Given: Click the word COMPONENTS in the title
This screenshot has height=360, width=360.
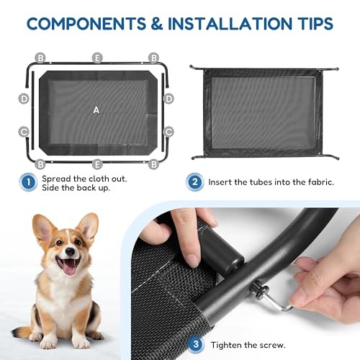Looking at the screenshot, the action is click(x=86, y=24).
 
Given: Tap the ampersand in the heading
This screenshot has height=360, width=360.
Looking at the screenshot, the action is click(x=157, y=24).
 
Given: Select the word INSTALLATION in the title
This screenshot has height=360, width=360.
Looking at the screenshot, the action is click(x=230, y=24).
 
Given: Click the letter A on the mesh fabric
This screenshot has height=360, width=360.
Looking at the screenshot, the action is click(x=96, y=110).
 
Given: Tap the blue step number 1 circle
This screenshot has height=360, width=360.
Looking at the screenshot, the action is click(x=28, y=182).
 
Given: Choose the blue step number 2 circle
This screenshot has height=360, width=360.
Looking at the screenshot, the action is click(x=194, y=182).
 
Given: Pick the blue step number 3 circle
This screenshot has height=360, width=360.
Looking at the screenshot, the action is click(x=196, y=344).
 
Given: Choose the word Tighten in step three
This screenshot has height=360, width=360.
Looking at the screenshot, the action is click(x=226, y=346).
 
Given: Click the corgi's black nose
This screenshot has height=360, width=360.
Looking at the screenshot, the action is click(x=70, y=251).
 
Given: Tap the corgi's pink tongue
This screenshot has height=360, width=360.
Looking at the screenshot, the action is click(x=69, y=268).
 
